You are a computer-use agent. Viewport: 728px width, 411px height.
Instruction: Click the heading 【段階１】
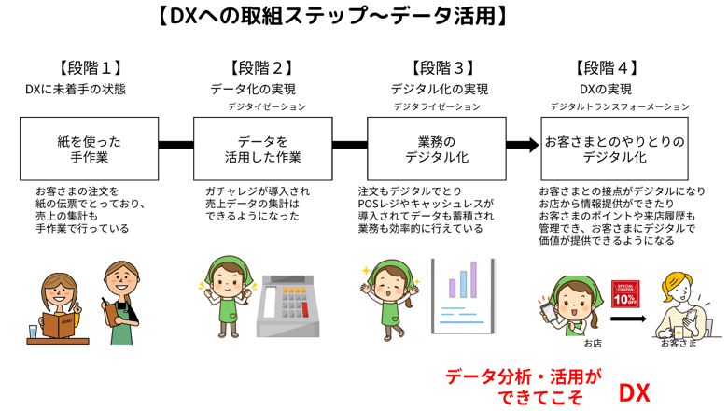91,67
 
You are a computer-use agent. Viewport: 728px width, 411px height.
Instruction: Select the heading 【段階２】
260,67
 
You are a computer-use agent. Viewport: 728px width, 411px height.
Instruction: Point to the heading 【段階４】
608,67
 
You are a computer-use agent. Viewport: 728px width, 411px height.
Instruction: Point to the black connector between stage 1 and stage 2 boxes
175,145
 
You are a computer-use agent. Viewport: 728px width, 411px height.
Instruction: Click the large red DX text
635,392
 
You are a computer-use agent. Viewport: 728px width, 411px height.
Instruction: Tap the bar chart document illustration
462,297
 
